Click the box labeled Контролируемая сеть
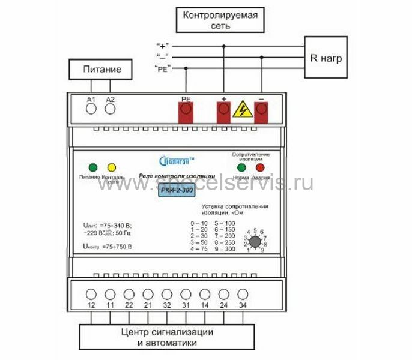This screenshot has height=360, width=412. (220, 20)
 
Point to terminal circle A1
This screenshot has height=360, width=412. (91, 109)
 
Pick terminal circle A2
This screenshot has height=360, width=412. (110, 109)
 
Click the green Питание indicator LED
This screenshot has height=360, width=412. (92, 167)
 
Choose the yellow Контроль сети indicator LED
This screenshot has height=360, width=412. (111, 167)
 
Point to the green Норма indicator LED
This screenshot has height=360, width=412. (241, 167)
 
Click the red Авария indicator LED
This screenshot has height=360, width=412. (260, 167)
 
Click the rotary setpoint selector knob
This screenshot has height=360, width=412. (255, 241)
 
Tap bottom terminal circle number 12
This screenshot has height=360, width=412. (91, 295)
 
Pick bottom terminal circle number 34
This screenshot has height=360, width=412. (243, 295)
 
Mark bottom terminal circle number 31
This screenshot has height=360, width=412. (186, 295)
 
